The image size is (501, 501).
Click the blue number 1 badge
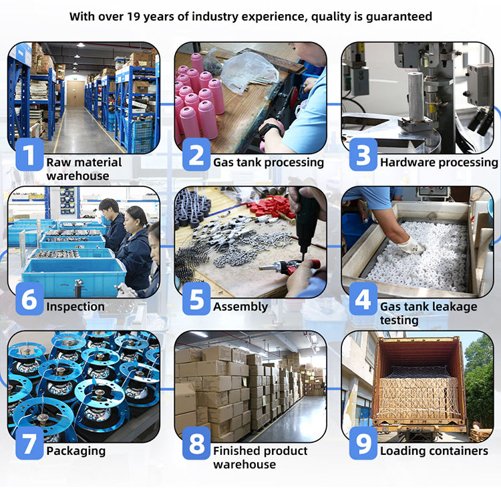click(x=29, y=154)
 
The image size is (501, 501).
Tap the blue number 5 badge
click(x=196, y=299)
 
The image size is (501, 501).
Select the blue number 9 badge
click(x=363, y=443)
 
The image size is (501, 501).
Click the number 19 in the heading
click(x=134, y=16)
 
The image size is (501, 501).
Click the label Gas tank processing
click(x=269, y=162)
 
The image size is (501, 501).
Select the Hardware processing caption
click(x=439, y=162)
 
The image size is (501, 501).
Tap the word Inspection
click(x=75, y=307)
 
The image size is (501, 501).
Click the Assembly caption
click(x=240, y=307)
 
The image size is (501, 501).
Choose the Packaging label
click(x=76, y=451)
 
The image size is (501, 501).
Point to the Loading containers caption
click(x=434, y=451)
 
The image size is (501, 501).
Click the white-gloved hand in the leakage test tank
click(x=411, y=244)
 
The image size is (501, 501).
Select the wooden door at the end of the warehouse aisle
click(x=75, y=94)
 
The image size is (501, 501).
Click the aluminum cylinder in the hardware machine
click(x=420, y=96)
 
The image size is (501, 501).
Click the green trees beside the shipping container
click(x=479, y=380)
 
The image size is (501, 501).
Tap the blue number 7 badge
click(x=29, y=443)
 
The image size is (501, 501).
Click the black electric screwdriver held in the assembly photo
click(x=306, y=224)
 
